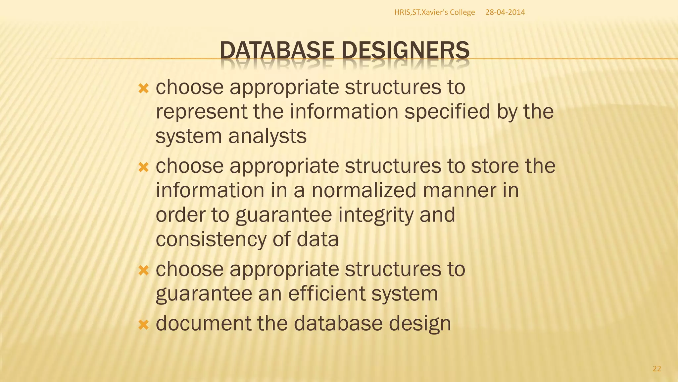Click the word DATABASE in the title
pyautogui.click(x=277, y=50)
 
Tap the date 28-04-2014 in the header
pyautogui.click(x=505, y=12)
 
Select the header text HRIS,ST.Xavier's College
pyautogui.click(x=434, y=12)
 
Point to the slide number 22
pyautogui.click(x=657, y=368)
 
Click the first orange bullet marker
pyautogui.click(x=144, y=89)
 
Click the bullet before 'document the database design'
pyautogui.click(x=144, y=325)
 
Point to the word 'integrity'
pyautogui.click(x=376, y=215)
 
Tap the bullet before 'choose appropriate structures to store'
pyautogui.click(x=144, y=167)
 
